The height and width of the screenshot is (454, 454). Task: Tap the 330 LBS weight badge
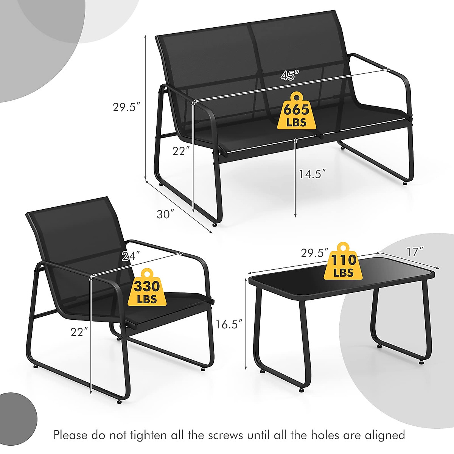(x=147, y=287)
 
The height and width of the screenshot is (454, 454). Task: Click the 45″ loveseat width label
(x=288, y=75)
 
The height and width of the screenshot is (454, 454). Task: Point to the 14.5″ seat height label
(x=312, y=174)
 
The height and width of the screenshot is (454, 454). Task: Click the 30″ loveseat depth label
(x=165, y=214)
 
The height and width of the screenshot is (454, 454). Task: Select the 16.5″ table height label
(x=229, y=324)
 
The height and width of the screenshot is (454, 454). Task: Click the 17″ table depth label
(x=415, y=251)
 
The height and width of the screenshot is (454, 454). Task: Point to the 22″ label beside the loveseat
(x=181, y=151)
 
